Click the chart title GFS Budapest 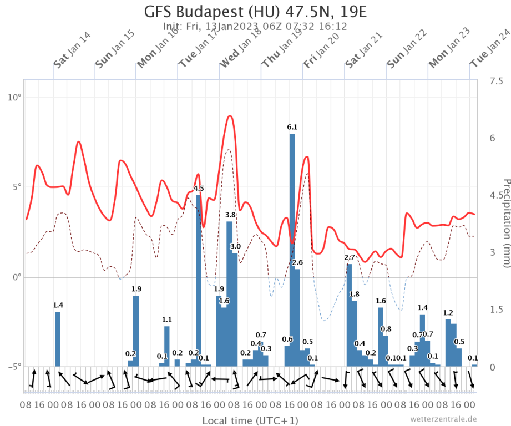[x=255, y=12]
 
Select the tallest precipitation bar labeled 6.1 [x=292, y=250]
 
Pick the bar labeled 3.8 [x=230, y=293]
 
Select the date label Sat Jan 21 [x=365, y=50]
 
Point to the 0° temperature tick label [x=16, y=276]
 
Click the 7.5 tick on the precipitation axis [x=495, y=82]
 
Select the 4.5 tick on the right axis [x=495, y=195]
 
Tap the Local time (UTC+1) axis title [x=250, y=420]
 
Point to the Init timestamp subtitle [x=255, y=27]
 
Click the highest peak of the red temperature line [x=230, y=116]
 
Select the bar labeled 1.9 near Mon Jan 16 [x=135, y=331]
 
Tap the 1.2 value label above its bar [x=448, y=313]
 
